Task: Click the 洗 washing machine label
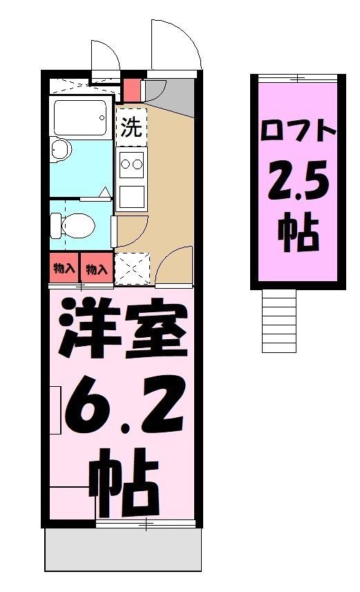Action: pyautogui.click(x=131, y=128)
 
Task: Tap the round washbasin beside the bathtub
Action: pyautogui.click(x=61, y=149)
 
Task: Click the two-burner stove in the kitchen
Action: pyautogui.click(x=131, y=164)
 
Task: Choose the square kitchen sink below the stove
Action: pyautogui.click(x=131, y=197)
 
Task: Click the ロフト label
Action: pyautogui.click(x=299, y=131)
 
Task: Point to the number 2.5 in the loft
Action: pyautogui.click(x=299, y=182)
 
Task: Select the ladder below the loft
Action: pyautogui.click(x=279, y=319)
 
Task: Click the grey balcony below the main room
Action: pyautogui.click(x=123, y=551)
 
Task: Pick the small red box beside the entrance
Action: pyautogui.click(x=131, y=89)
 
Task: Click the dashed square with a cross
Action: pyautogui.click(x=131, y=269)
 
